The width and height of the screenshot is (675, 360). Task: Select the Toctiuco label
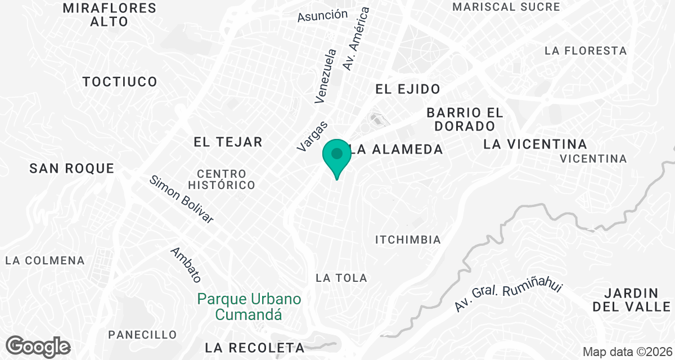tap(120, 82)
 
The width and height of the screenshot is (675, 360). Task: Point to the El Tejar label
tap(228, 142)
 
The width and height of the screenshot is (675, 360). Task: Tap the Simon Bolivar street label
tap(182, 200)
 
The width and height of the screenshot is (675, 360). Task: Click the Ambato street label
tap(186, 265)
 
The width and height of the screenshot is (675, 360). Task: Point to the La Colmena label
tap(45, 261)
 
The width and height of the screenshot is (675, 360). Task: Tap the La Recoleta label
tap(255, 347)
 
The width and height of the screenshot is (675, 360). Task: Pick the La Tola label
tap(341, 278)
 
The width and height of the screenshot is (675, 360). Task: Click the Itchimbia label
tap(408, 240)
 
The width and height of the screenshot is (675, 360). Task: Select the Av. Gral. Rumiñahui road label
tap(508, 298)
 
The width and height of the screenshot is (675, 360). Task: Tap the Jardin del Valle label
tap(632, 300)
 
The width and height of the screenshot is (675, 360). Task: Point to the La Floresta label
tap(586, 51)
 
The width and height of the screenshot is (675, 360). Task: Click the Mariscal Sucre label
tap(506, 7)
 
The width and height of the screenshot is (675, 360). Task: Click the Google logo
tap(38, 346)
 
